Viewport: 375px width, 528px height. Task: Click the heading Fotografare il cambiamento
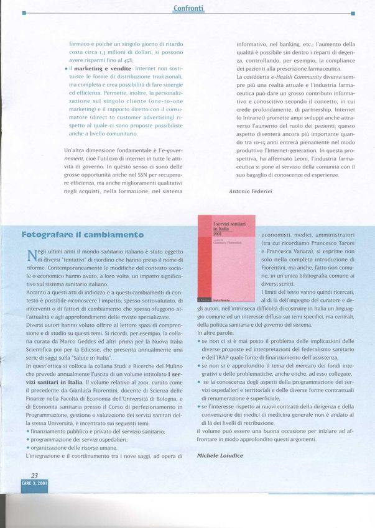pyautogui.click(x=82, y=234)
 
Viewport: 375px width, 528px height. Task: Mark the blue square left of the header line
pyautogui.click(x=24, y=12)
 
